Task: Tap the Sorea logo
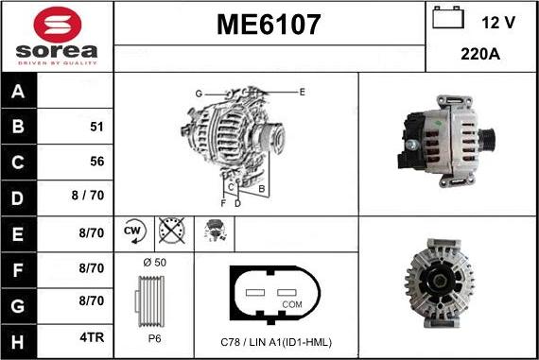coord(57,38)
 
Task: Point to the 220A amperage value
coord(479,54)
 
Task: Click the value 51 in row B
coord(96,126)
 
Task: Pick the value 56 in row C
coord(96,161)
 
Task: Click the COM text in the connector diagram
coord(292,303)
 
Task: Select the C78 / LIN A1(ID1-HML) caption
coord(275,341)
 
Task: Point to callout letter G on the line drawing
coord(199,93)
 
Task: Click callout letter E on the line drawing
coord(302,92)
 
